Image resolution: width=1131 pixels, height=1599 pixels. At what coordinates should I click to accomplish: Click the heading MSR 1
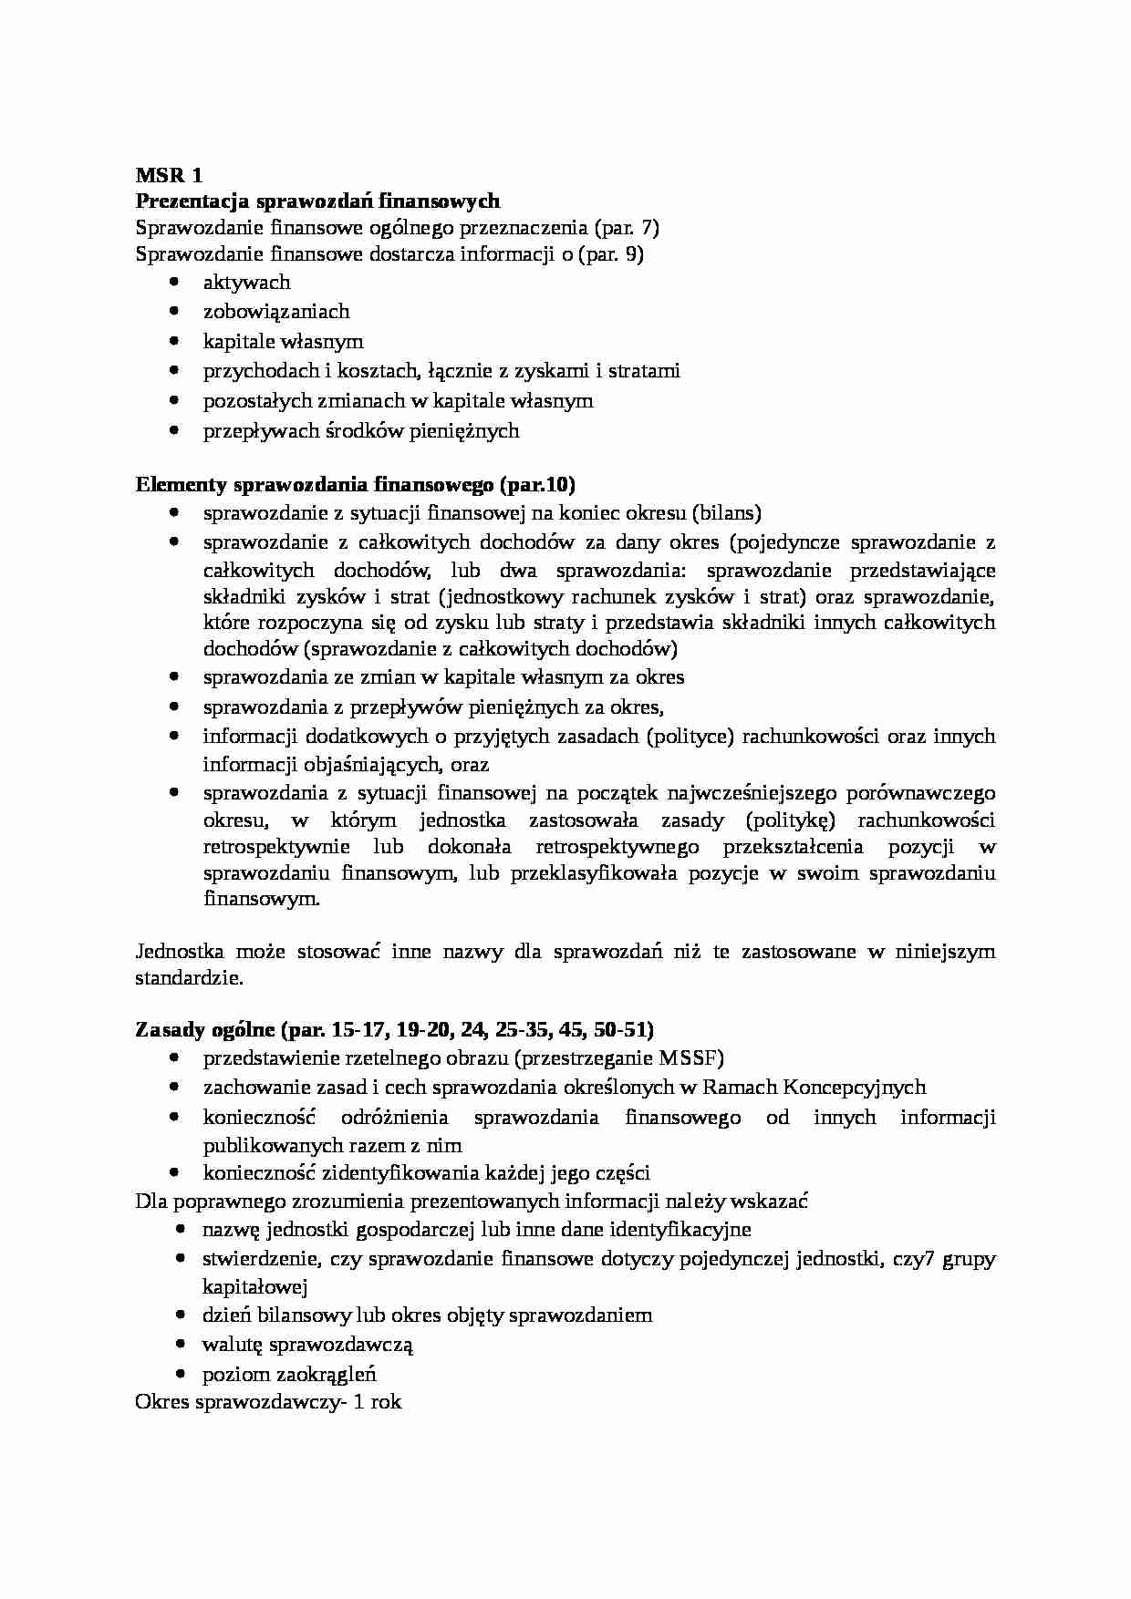click(169, 175)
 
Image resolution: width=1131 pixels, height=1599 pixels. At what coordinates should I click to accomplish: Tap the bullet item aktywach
click(246, 283)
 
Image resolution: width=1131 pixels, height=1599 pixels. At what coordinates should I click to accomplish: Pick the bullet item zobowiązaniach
click(275, 312)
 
